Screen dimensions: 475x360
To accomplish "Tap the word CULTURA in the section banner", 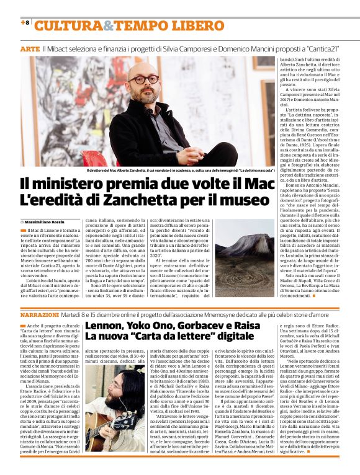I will pos(67,25).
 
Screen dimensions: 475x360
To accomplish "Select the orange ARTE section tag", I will pos(29,48).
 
